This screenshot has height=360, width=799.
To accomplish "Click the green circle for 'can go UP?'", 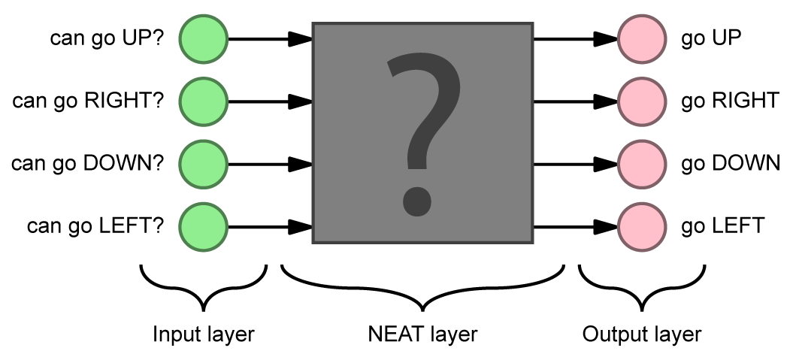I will pos(204,38).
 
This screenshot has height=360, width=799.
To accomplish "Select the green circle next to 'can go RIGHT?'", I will pos(204,101).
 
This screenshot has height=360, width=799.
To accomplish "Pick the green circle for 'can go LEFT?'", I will pos(204,225).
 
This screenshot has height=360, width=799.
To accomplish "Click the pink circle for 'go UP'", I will pos(641,38).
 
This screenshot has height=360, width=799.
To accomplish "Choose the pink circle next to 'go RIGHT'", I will pos(641,101).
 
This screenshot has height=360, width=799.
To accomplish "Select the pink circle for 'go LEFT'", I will pos(641,225).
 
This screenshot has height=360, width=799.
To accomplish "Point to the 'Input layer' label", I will pos(203,334).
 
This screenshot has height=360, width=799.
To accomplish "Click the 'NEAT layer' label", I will pos(422,334).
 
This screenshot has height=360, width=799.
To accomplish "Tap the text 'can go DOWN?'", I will pos(87,163).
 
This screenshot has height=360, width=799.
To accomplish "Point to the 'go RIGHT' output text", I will pos(729,101).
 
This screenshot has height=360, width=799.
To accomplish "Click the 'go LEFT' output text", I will pos(723,225).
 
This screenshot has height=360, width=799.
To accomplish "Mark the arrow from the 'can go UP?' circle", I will pos(269,38).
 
